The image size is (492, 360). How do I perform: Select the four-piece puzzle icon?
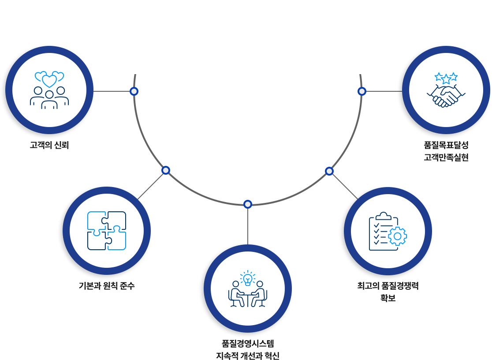(107, 231)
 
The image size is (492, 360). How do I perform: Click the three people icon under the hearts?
(49, 97)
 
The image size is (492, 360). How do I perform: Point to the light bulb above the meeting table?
(248, 278)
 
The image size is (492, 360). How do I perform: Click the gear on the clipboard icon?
(398, 236)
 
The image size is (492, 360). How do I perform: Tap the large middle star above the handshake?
(446, 79)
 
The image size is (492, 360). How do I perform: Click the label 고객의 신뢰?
(49, 145)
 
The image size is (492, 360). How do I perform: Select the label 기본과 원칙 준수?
(107, 286)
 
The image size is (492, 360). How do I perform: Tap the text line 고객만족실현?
(446, 157)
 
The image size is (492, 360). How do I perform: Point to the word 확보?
(388, 297)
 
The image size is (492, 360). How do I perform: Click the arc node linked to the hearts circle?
(134, 91)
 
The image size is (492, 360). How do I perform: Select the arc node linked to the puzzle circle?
(165, 170)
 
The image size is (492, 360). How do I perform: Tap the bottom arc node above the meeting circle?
(248, 204)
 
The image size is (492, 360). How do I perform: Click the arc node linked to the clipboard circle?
(329, 171)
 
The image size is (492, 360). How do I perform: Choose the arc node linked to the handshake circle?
(362, 91)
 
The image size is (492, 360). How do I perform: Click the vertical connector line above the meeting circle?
(248, 225)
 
